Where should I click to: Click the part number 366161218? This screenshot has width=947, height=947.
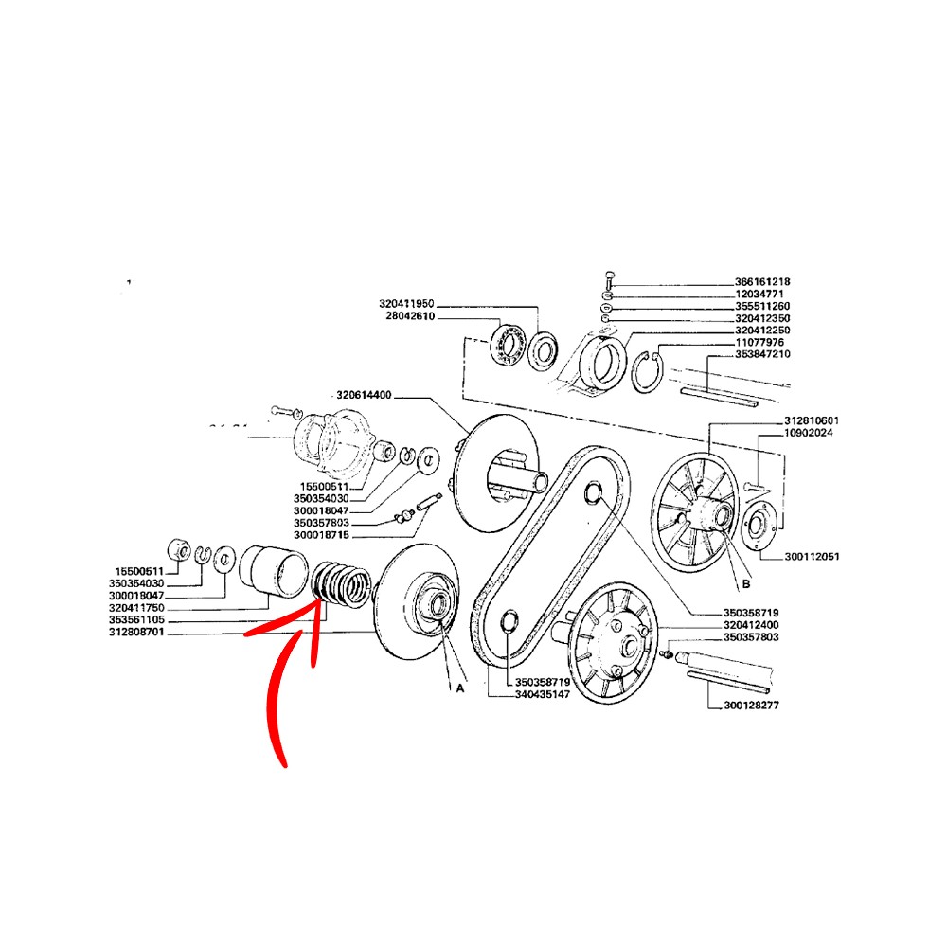(762, 282)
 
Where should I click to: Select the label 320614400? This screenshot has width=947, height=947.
(365, 395)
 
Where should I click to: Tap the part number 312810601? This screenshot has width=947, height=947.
(812, 420)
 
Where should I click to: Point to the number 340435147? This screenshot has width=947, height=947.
(543, 694)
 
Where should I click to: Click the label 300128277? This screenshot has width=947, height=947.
(751, 705)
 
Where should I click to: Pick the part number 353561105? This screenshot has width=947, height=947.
(136, 620)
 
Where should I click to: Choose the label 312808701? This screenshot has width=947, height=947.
(136, 633)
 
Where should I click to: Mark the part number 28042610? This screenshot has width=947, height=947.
(410, 316)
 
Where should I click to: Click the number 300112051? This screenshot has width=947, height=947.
(812, 556)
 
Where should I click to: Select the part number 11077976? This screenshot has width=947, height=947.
(759, 343)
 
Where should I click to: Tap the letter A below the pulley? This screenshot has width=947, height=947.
(460, 688)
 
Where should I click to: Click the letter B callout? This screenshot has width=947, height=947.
(746, 584)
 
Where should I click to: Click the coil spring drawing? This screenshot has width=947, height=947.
(340, 585)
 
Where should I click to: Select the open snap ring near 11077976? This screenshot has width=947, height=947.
(647, 371)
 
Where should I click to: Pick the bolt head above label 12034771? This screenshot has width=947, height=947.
(609, 276)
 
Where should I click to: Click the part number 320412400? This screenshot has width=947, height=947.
(751, 625)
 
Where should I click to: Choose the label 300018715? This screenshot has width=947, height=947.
(321, 536)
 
